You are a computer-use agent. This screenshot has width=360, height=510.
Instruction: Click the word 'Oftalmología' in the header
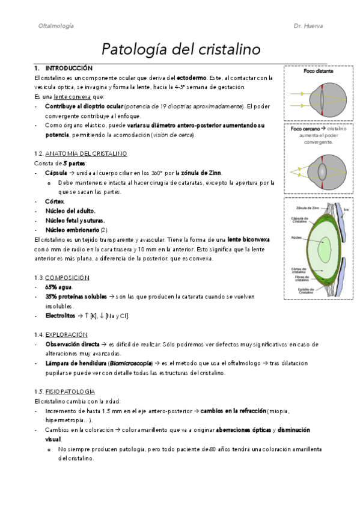point(56,26)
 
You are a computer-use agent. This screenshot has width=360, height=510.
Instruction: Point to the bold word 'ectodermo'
point(192,78)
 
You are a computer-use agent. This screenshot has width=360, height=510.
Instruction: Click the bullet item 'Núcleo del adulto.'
point(70,210)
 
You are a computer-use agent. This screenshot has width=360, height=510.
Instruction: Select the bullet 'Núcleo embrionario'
point(73,230)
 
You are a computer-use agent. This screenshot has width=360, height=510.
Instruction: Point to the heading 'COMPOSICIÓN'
point(67,277)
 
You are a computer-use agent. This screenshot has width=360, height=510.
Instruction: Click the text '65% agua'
point(58,287)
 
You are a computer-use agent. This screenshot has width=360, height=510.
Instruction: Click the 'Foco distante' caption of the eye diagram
point(319,70)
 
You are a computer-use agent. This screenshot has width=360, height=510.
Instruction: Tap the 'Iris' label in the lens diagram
point(345,209)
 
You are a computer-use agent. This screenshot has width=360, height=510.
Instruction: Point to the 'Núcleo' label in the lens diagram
point(296,237)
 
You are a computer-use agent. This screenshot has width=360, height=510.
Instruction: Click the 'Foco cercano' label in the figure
point(305,129)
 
